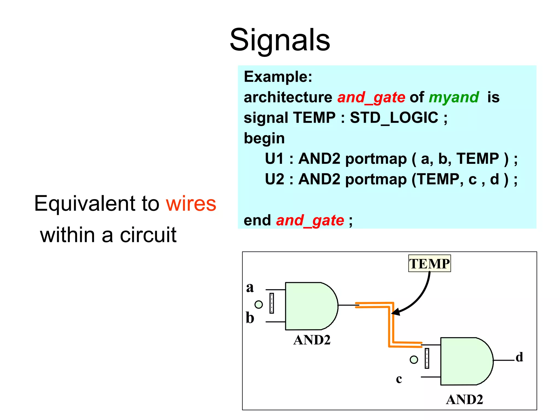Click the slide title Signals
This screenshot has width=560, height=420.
coord(280,40)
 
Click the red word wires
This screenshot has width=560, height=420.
coord(191,204)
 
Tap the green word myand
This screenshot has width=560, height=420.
coord(454,97)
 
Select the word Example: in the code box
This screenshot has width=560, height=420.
coord(278,77)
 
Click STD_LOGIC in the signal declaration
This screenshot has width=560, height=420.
coord(394,118)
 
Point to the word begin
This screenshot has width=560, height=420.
coord(264,138)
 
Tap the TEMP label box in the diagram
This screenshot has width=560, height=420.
coord(429,264)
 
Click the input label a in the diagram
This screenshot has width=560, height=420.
coord(250,288)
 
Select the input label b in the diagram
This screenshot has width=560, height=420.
coord(250,318)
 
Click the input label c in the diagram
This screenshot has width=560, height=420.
coord(399,379)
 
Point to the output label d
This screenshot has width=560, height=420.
coord(519,357)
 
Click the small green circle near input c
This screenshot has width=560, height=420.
coord(414,360)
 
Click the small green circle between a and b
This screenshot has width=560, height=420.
coord(258,304)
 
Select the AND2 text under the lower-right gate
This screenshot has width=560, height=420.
coord(464,400)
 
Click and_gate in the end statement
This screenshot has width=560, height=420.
coord(310,220)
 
